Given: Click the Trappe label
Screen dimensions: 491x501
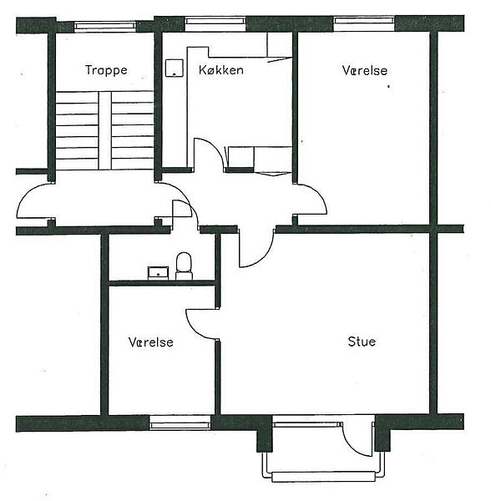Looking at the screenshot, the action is tap(106, 70).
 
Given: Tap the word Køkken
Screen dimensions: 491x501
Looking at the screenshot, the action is tap(221, 69).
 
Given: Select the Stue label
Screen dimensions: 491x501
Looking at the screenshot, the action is tap(362, 342).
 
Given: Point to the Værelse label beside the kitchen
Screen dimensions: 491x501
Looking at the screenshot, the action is tap(365, 70).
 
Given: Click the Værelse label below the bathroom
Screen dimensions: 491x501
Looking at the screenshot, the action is tap(151, 342).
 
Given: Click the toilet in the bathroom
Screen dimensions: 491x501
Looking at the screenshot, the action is tap(184, 266).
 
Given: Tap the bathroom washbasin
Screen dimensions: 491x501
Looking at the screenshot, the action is tap(158, 273).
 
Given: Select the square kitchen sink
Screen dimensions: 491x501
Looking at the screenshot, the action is tap(175, 68).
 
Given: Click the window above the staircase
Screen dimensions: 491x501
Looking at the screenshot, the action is tap(105, 26).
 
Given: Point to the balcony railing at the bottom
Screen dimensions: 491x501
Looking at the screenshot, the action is tap(323, 476).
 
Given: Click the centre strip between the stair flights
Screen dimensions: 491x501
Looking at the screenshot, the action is tap(104, 131).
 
